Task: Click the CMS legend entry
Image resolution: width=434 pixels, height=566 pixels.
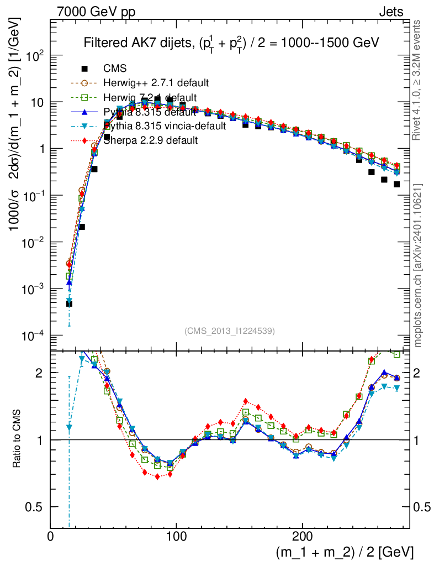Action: coord(115,69)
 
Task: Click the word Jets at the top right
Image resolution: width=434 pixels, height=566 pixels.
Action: coord(390,12)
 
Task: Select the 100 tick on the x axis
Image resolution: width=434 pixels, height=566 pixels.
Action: coord(176,536)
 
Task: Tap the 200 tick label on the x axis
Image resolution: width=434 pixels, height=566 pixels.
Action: coord(302,536)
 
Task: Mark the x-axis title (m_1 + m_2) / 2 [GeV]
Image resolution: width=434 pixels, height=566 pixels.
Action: coord(343,552)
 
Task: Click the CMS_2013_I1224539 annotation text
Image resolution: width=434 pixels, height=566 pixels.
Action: coord(230,331)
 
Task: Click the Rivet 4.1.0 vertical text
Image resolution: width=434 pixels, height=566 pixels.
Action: coord(418,83)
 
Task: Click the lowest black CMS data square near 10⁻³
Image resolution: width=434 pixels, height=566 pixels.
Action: coord(69,303)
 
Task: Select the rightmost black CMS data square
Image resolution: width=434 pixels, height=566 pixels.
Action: coord(396,184)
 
